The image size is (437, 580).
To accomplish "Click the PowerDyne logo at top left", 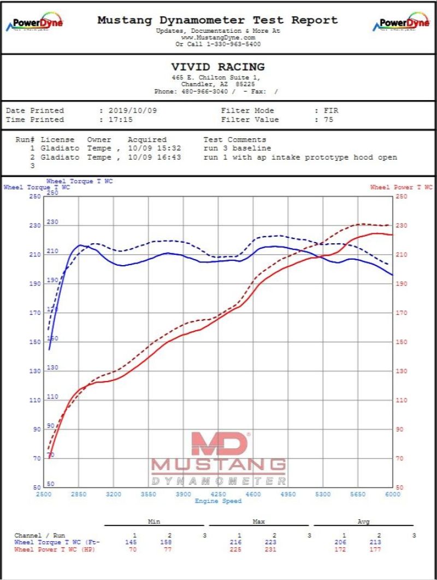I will [34, 24].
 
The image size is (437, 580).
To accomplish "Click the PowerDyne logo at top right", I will [401, 24].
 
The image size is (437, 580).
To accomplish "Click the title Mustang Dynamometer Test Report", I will [217, 20].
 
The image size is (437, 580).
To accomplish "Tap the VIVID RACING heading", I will [217, 67].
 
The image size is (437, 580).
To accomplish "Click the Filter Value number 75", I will [328, 120].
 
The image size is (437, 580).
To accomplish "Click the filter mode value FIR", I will [330, 110].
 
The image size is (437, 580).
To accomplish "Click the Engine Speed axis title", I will [218, 501].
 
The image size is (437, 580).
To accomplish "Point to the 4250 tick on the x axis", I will [218, 494].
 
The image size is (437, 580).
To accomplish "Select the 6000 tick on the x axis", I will [392, 494].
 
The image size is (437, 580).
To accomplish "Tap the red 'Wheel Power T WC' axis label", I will [401, 188].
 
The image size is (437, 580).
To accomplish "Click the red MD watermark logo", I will [218, 443].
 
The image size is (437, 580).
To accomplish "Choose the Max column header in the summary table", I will [258, 522].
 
